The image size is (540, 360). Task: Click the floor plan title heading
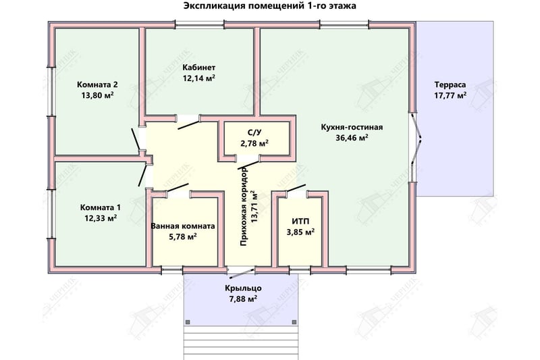point(269,6)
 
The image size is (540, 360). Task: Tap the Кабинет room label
point(199,67)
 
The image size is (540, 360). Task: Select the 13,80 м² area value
point(97,95)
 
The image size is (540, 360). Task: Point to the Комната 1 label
point(100,207)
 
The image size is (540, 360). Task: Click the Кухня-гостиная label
point(352,127)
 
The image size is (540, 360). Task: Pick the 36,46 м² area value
point(352,138)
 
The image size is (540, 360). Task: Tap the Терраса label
point(450,84)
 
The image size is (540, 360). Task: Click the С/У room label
point(254,132)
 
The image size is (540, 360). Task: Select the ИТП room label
point(300,221)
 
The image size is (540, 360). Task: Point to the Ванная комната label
point(183,226)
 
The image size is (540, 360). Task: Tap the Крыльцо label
point(243,288)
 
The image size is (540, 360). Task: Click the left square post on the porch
point(188,322)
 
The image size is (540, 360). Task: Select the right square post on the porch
point(294,322)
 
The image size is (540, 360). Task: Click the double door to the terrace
point(416,147)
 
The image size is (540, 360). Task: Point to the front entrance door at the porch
point(242,272)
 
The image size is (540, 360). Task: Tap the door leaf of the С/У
point(248,165)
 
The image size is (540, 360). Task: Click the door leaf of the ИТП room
point(295,188)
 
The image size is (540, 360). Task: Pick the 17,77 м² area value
point(450,95)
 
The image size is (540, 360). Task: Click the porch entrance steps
point(241,342)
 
